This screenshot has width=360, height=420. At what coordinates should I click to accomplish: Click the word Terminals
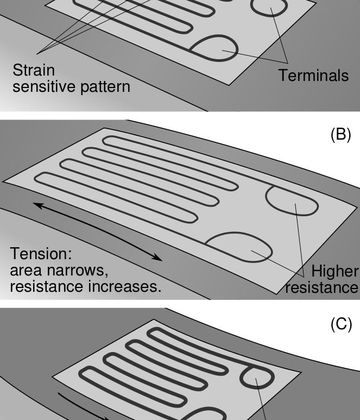pyautogui.click(x=313, y=76)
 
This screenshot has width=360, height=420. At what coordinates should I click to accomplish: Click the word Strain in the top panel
pyautogui.click(x=34, y=71)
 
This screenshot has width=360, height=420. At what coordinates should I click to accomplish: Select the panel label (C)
pyautogui.click(x=341, y=324)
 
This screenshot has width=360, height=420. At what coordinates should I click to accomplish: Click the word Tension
pyautogui.click(x=41, y=254)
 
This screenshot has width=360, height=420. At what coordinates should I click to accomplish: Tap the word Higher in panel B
pyautogui.click(x=334, y=271)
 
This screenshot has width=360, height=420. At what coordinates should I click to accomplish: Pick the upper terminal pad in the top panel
pyautogui.click(x=269, y=6)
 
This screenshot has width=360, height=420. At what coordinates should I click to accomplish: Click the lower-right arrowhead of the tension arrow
pyautogui.click(x=157, y=258)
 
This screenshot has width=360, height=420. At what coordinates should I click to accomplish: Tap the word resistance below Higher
pyautogui.click(x=321, y=287)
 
